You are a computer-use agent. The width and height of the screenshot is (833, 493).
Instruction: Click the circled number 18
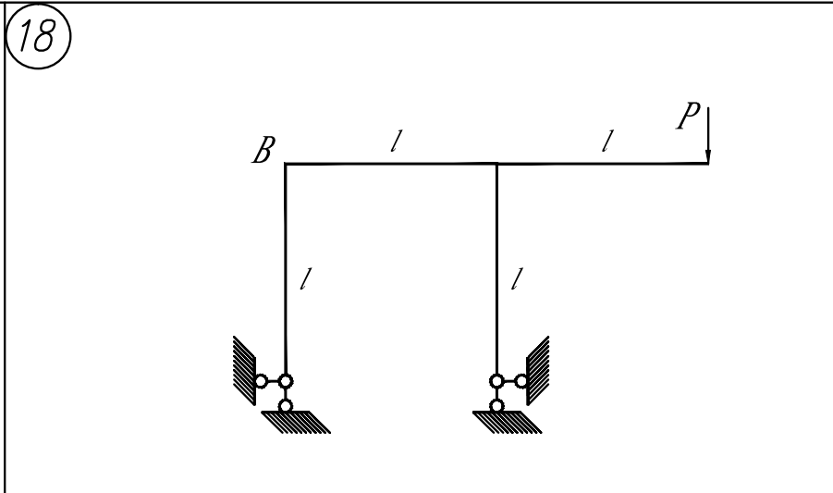[38, 36]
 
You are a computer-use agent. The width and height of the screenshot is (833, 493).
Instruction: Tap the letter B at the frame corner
[264, 150]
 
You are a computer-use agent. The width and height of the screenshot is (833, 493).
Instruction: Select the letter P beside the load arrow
[689, 116]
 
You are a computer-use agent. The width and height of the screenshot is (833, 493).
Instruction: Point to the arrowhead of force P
[708, 156]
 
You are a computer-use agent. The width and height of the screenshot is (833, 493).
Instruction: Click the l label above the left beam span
[396, 142]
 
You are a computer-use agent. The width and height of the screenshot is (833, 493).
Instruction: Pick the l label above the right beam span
[607, 141]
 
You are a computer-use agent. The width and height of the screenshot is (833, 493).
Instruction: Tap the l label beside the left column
[305, 279]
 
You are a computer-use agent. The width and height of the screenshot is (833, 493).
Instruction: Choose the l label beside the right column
[517, 279]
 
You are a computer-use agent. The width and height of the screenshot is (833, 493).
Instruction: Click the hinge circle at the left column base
[286, 381]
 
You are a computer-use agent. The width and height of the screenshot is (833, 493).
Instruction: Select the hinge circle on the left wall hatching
[261, 381]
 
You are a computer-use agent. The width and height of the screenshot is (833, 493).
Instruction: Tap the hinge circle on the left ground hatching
[286, 406]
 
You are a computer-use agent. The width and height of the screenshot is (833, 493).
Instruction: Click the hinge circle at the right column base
[496, 381]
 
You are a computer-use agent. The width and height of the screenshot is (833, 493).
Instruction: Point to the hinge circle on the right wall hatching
[521, 381]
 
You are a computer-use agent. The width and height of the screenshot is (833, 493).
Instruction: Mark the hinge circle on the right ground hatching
[496, 406]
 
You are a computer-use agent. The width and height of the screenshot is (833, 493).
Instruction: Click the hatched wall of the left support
[244, 371]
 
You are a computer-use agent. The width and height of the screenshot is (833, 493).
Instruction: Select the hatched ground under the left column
[296, 423]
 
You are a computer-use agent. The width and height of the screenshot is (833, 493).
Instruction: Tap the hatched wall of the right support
[538, 371]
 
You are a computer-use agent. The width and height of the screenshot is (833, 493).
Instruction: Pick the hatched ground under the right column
[508, 423]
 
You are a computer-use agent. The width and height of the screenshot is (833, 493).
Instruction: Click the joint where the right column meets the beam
[496, 164]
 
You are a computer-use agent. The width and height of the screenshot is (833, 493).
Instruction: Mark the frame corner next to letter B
[286, 164]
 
